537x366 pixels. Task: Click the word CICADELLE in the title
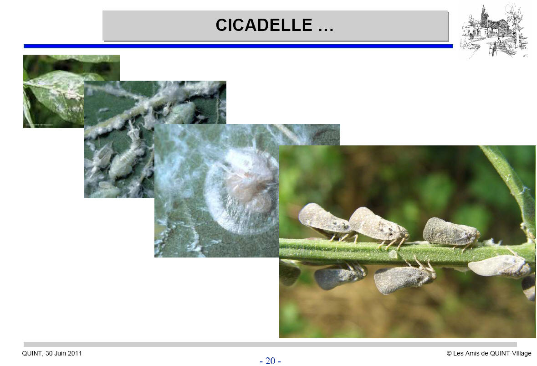point(264,25)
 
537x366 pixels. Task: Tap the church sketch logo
point(493,31)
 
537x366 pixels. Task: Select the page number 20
point(270,361)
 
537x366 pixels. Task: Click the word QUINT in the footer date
point(32,353)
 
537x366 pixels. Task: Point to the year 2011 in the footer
point(75,353)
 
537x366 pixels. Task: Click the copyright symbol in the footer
point(449,353)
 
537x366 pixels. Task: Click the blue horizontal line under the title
point(238,46)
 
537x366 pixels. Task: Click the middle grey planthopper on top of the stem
point(379,227)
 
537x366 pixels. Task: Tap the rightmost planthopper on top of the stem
point(451,233)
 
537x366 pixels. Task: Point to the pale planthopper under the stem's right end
point(499,266)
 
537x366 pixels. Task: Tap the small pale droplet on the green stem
point(393,254)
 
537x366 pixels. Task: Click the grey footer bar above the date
point(270,345)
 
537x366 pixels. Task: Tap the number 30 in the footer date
point(49,353)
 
